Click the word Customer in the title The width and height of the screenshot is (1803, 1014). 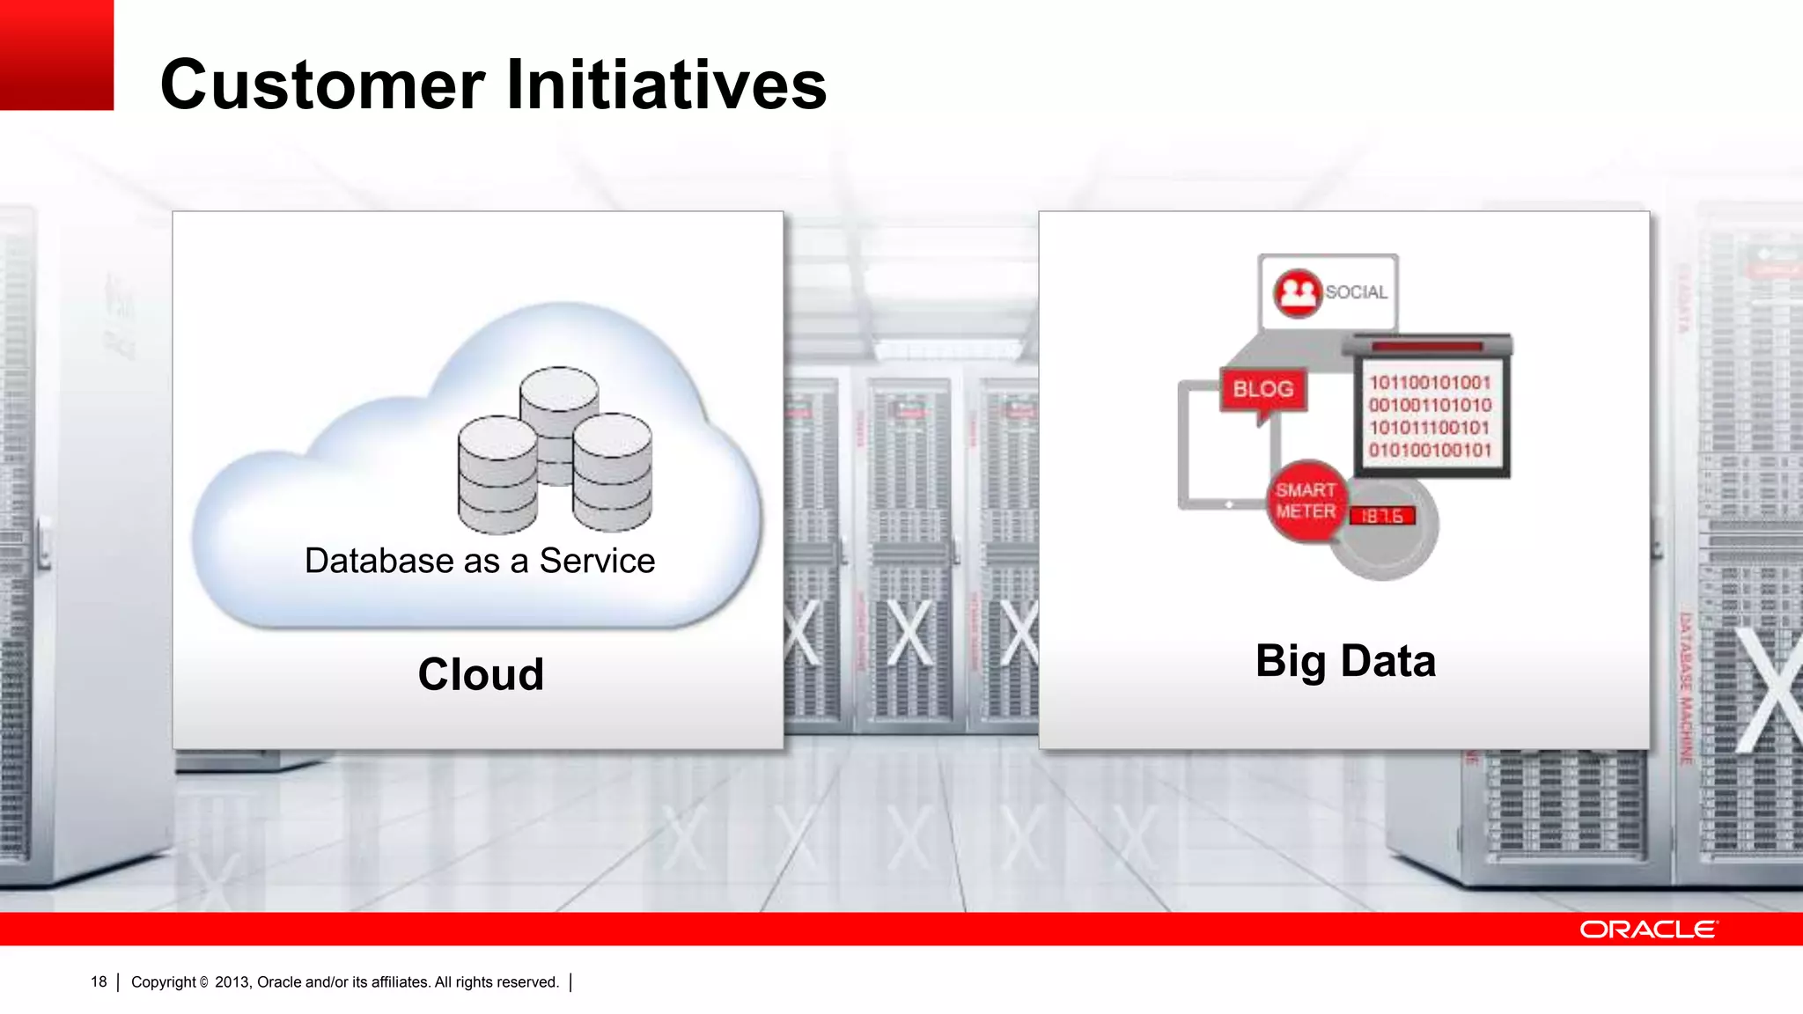[x=322, y=84]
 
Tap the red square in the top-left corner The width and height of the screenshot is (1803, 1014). [x=56, y=55]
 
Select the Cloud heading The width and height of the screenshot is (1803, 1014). [x=481, y=674]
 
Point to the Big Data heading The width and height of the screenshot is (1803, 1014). [x=1345, y=661]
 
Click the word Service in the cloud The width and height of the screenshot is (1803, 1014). [x=597, y=561]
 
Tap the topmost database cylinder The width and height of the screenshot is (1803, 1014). [x=559, y=396]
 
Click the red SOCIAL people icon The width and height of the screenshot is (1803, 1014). [x=1298, y=292]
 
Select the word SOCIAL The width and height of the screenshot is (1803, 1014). [x=1357, y=292]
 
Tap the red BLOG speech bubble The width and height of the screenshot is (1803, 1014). [x=1263, y=389]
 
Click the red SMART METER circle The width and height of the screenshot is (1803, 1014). [x=1306, y=501]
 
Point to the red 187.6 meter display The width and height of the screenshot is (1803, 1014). [x=1382, y=516]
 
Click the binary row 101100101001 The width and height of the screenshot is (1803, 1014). [x=1430, y=383]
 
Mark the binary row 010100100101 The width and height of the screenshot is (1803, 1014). [x=1430, y=451]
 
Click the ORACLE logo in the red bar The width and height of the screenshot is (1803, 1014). [x=1648, y=929]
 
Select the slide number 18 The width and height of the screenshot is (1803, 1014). [x=99, y=982]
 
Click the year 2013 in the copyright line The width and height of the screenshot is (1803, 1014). [x=232, y=982]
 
